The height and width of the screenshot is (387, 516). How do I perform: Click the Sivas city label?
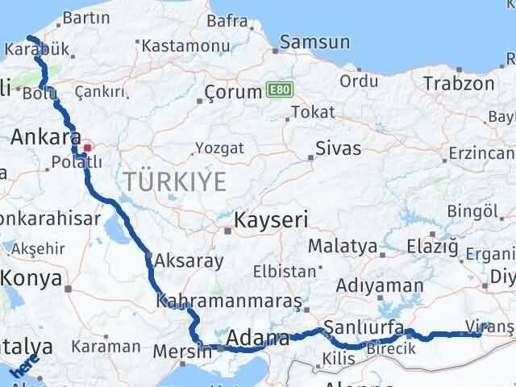coord(338,148)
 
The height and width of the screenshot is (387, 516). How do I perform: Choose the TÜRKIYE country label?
coord(175,181)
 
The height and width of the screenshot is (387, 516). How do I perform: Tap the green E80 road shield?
coord(277,91)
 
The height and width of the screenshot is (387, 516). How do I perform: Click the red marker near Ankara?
coord(87,148)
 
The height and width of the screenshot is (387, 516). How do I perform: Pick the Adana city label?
coord(259,338)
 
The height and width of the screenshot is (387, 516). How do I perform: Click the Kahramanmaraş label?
coord(230,302)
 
